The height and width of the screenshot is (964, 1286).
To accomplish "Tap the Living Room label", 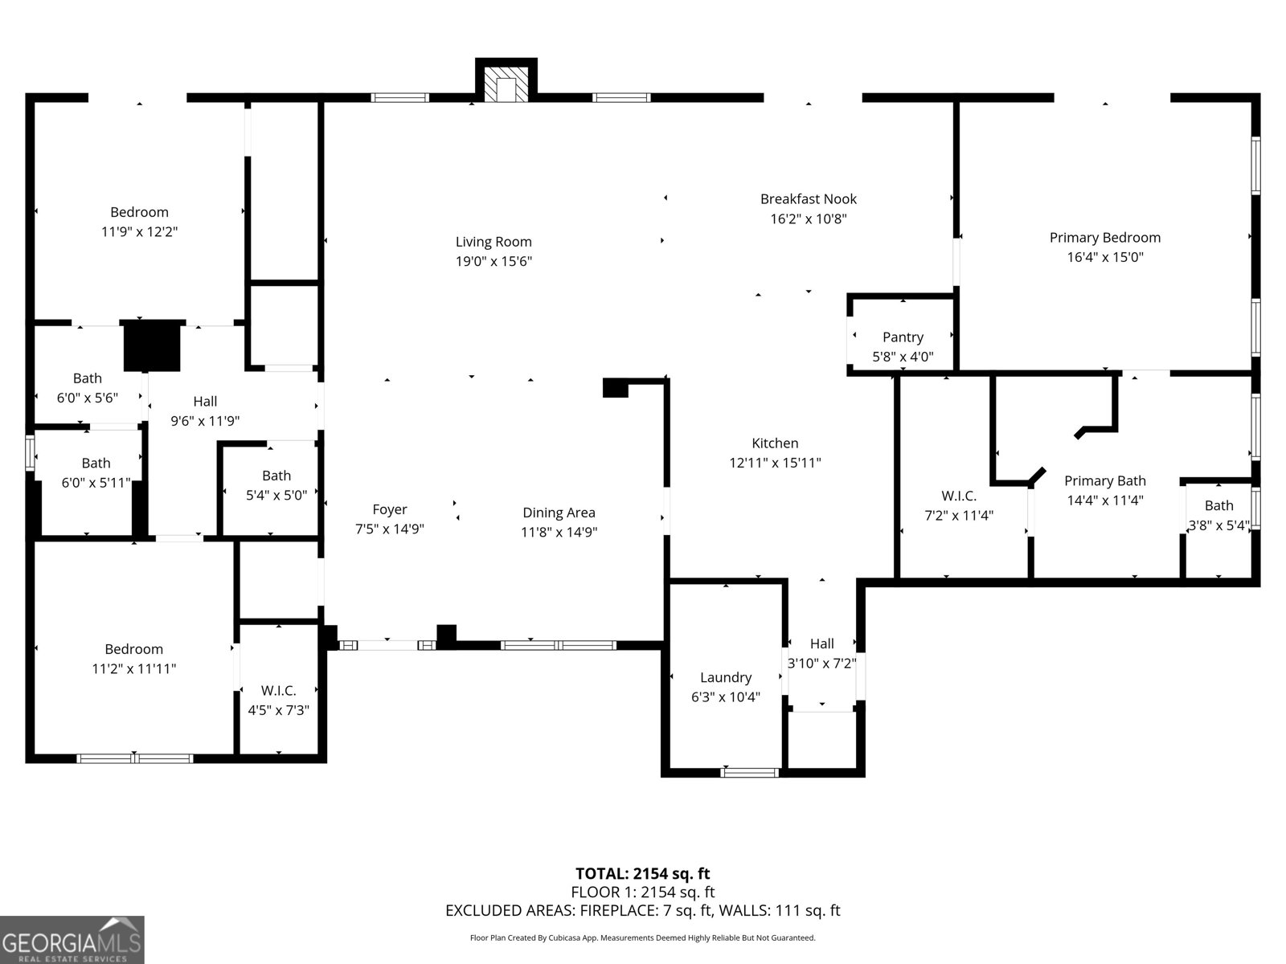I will pos(494,242).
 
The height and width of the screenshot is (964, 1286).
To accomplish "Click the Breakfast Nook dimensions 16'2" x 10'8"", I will pos(809,219).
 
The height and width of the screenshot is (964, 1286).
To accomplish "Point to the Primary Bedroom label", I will pos(1104,238).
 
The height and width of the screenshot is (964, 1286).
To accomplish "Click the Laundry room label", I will pos(726,677).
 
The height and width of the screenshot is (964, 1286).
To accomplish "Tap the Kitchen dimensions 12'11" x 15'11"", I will pos(775,463).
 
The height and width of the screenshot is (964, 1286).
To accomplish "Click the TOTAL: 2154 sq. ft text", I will pos(642,873).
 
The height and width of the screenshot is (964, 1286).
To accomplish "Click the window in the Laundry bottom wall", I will pos(750,773).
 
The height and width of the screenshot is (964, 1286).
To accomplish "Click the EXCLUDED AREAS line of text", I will pos(642,910).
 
